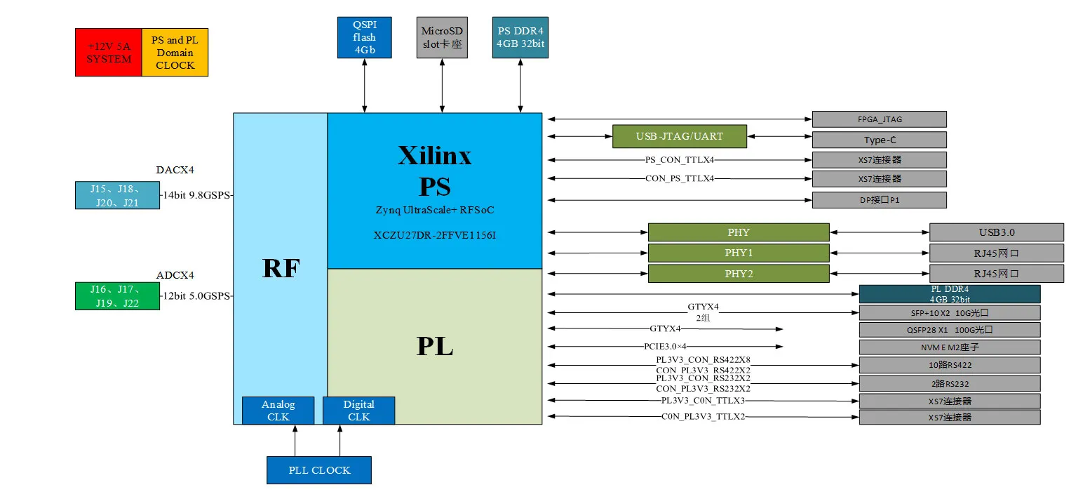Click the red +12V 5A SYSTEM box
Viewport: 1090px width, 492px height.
pos(109,53)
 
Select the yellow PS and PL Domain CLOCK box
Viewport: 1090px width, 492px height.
pos(175,53)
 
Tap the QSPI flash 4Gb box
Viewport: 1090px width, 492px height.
pos(364,38)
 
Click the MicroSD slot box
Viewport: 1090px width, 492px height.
pos(442,38)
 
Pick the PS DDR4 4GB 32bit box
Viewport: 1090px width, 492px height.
pos(520,38)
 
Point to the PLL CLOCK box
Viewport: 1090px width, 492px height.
pos(319,470)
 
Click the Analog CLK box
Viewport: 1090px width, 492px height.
pos(278,411)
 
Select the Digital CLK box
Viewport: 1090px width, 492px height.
pos(358,411)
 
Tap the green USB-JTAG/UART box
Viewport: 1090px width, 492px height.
pos(679,136)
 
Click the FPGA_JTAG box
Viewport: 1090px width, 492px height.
pos(879,119)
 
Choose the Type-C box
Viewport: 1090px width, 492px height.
pos(879,140)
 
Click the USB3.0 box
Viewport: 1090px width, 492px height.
pos(996,232)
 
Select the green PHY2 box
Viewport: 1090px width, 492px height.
pos(738,274)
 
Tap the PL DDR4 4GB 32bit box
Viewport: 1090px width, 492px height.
pos(949,294)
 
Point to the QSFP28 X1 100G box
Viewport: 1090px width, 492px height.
pos(949,330)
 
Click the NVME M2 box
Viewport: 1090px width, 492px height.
pos(949,347)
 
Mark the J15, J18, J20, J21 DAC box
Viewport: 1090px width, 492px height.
pos(117,195)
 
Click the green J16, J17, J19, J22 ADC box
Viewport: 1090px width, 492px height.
pos(117,295)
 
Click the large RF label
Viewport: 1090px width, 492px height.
pos(281,268)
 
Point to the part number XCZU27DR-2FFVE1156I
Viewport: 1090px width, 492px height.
pos(434,234)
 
